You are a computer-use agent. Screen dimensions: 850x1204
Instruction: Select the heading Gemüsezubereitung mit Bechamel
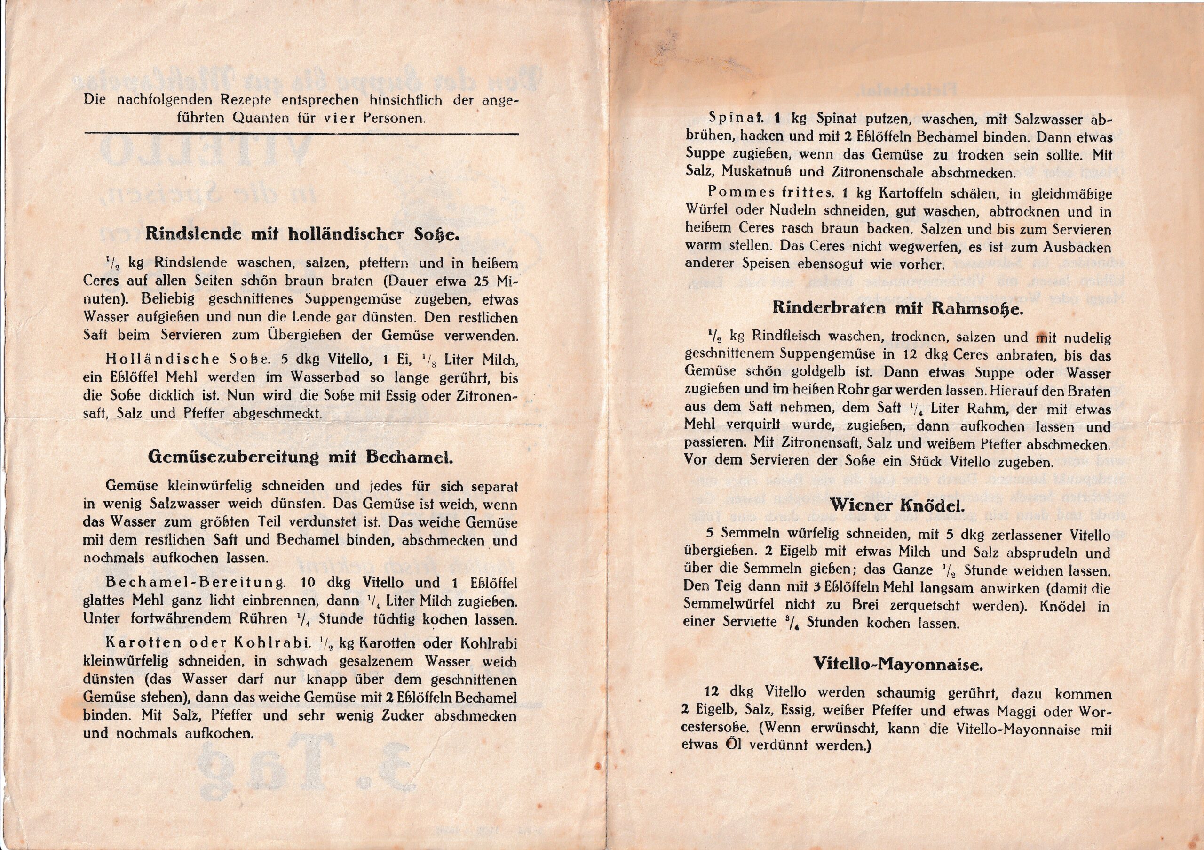point(301,457)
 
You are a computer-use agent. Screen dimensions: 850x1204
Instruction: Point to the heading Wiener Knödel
point(897,506)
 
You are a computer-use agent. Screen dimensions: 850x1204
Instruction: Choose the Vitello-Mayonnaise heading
point(898,665)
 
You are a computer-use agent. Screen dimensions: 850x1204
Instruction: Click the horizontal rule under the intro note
point(301,134)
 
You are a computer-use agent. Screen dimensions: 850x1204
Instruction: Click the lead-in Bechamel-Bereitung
point(196,583)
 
